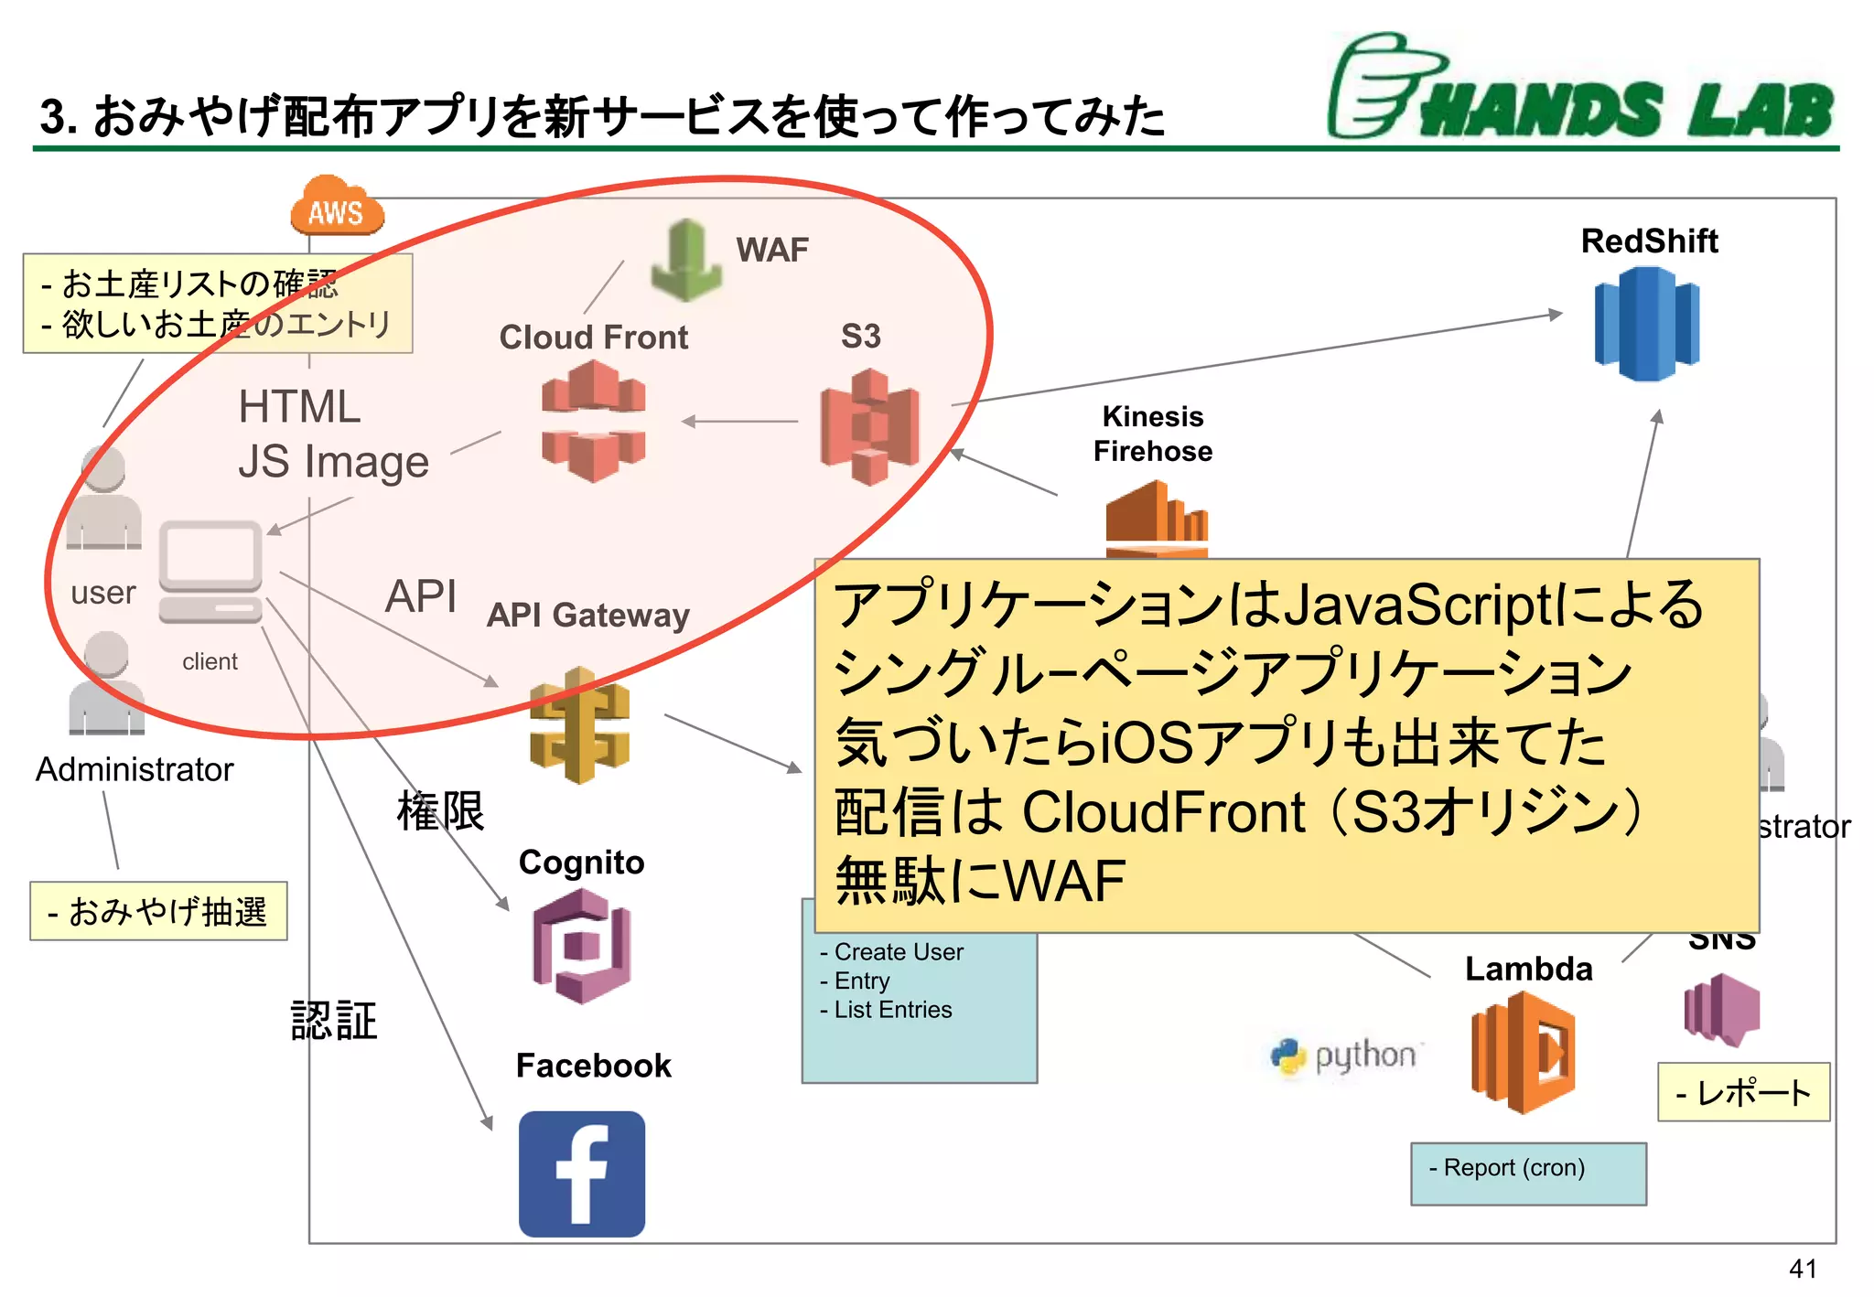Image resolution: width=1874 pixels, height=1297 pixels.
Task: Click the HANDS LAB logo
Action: point(1580,90)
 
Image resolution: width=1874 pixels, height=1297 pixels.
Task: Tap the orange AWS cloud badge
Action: point(337,207)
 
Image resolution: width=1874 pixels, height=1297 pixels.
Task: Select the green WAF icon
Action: point(686,261)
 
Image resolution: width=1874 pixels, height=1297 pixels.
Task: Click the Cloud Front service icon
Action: point(593,421)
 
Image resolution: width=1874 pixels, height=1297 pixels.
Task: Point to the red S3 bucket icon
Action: point(869,426)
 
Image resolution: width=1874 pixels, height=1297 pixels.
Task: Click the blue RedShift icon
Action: point(1646,324)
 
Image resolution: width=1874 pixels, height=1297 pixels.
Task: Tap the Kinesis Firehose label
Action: point(1152,434)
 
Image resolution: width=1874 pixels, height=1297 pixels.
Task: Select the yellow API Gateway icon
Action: point(579,725)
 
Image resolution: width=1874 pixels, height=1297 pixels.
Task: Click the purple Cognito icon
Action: point(581,946)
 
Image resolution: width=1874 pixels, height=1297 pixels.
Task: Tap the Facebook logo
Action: point(581,1174)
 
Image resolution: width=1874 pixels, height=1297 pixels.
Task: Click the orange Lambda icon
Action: point(1522,1052)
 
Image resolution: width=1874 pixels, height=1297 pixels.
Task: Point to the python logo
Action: point(1343,1056)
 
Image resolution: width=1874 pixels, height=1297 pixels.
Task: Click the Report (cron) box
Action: point(1527,1173)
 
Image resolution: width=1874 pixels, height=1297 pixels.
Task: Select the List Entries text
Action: point(892,1010)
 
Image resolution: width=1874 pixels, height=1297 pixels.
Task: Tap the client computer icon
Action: point(210,573)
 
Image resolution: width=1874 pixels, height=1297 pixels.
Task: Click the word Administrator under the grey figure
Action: point(135,769)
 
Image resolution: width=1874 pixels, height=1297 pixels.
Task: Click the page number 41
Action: point(1802,1269)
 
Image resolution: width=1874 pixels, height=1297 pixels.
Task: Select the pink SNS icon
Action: point(1721,1010)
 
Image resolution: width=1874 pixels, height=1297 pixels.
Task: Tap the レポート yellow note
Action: point(1742,1092)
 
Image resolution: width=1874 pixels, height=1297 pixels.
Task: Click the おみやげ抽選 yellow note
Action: point(158,911)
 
